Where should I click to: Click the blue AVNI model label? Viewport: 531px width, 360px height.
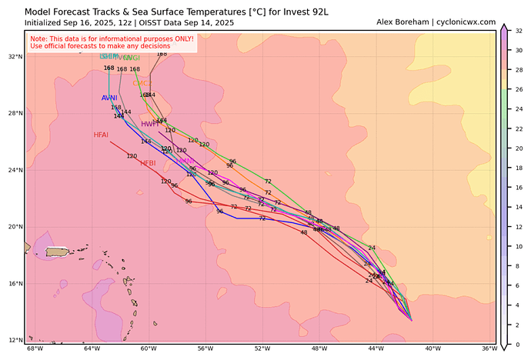pos(109,98)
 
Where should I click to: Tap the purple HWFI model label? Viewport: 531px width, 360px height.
pos(150,124)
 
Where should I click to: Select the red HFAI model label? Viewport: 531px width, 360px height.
pos(101,135)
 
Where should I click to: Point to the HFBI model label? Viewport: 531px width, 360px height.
pos(148,163)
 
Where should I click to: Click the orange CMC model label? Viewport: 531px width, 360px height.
pos(142,83)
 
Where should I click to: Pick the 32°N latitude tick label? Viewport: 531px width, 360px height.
pos(15,57)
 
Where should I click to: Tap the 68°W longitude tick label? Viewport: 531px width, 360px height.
pos(35,348)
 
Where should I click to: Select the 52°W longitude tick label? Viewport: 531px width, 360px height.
pos(262,348)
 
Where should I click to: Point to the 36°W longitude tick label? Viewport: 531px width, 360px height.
pos(489,348)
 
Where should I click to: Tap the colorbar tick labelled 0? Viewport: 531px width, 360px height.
pos(519,344)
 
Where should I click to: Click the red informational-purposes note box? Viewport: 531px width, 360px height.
pos(112,43)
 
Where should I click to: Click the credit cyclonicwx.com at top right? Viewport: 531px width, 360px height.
pos(466,22)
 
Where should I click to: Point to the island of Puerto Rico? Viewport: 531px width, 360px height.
pos(58,252)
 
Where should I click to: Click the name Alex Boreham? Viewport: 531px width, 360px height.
pos(403,22)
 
